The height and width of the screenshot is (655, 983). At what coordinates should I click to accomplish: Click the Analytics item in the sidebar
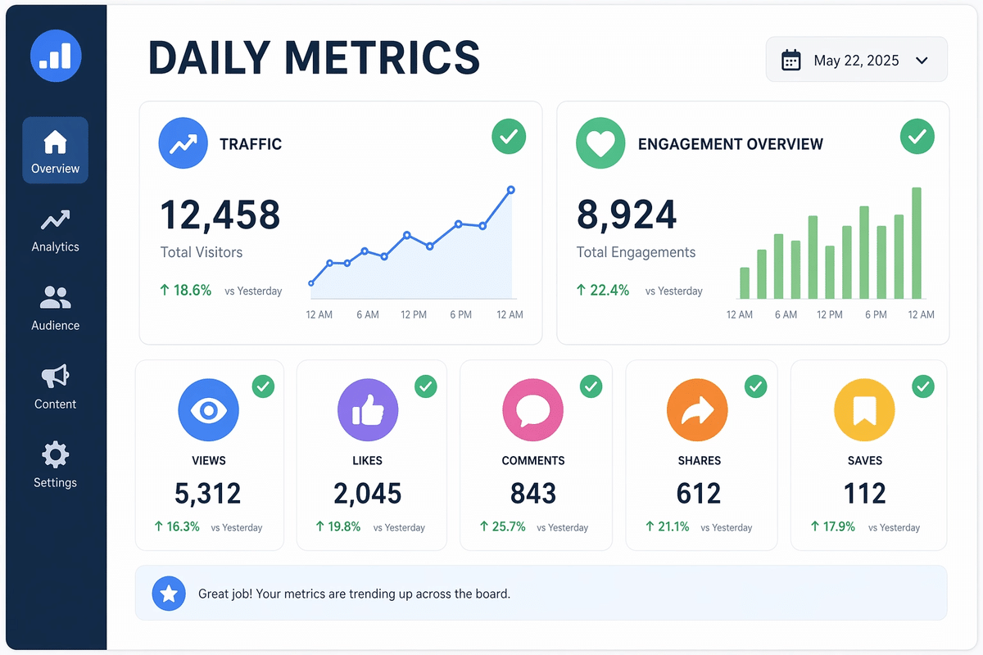[x=55, y=230]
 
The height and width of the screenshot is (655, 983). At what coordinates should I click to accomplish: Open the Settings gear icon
[x=55, y=455]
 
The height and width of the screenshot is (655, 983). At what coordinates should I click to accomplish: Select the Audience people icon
[x=55, y=296]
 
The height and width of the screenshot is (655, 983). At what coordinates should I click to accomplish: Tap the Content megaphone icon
[x=55, y=376]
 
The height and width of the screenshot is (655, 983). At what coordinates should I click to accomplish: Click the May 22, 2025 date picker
[x=856, y=60]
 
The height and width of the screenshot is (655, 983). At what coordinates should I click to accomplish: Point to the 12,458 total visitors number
[x=220, y=215]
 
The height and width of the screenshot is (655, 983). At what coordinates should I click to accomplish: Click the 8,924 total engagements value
[x=627, y=215]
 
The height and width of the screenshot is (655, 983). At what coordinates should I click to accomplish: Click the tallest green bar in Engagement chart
[x=917, y=243]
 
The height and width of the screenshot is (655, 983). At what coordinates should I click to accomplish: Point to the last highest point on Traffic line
[x=511, y=190]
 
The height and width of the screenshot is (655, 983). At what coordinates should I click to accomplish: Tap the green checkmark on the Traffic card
[x=509, y=136]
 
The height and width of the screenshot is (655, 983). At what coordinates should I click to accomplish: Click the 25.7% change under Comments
[x=504, y=526]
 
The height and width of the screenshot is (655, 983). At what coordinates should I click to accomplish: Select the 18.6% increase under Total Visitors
[x=186, y=290]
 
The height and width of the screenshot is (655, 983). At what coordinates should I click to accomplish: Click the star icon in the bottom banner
[x=169, y=594]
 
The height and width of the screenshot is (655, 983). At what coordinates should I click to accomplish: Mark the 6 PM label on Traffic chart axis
[x=460, y=314]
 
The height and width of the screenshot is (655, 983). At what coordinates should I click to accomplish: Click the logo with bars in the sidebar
[x=56, y=56]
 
